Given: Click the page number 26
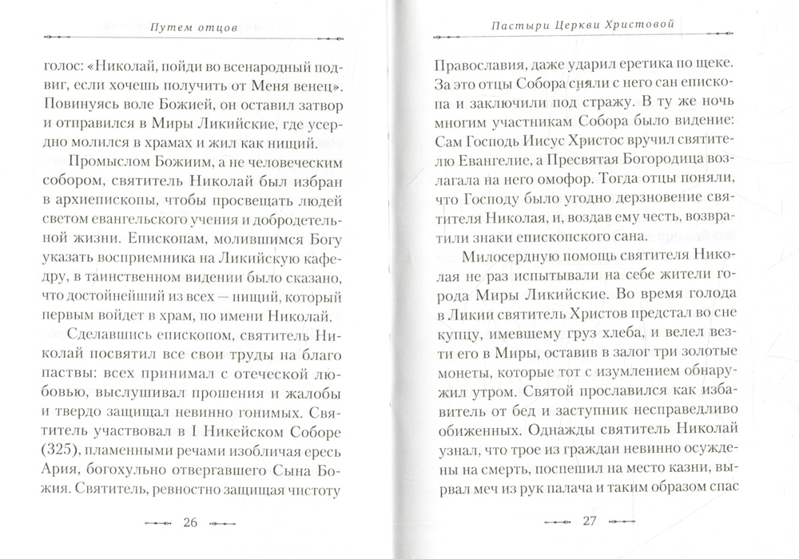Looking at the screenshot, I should [x=190, y=523].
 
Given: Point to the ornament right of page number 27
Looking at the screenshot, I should [x=628, y=523].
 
